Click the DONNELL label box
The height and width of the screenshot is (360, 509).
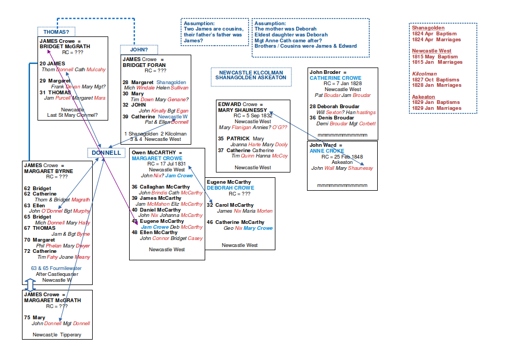[x=106, y=153]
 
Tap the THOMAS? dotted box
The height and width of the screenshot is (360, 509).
[x=56, y=32]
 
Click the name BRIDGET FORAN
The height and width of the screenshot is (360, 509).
[x=144, y=65]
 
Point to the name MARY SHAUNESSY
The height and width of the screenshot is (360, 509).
[x=242, y=110]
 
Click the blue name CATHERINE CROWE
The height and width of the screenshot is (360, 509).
[x=335, y=78]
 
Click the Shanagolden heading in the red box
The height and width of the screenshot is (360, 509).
[x=428, y=28]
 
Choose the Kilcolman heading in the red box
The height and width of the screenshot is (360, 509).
[x=424, y=74]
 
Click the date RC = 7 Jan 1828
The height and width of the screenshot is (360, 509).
[x=343, y=84]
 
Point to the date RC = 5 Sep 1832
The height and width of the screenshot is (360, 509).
[x=253, y=116]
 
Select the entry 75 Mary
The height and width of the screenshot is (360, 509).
[x=39, y=318]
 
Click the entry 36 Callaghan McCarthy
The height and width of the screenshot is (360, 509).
[x=160, y=187]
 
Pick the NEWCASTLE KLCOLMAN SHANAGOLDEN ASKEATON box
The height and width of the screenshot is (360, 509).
[x=251, y=75]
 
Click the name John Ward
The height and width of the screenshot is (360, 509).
[x=323, y=145]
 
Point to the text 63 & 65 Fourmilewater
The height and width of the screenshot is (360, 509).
[x=56, y=268]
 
